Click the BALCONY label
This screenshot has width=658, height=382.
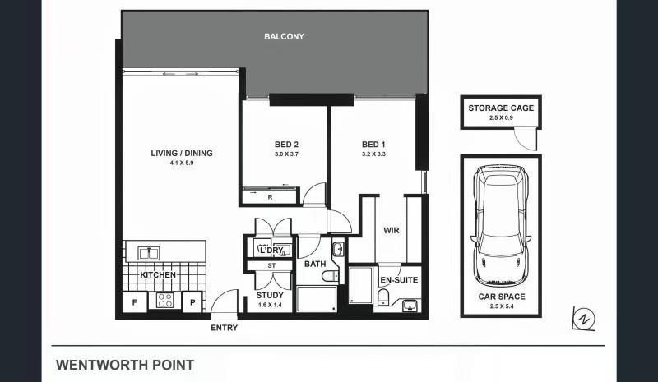(284, 36)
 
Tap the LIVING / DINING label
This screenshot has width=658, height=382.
(182, 153)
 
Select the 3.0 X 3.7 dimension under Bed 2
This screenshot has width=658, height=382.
(286, 154)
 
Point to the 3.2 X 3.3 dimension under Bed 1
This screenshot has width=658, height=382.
(373, 154)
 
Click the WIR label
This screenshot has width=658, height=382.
(392, 230)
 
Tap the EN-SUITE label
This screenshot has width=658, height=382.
(399, 280)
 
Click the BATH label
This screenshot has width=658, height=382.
(315, 264)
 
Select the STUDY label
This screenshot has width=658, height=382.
(270, 295)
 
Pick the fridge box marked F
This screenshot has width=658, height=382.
(135, 302)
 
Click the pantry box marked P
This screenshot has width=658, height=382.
(192, 302)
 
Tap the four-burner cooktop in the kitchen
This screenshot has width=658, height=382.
(165, 300)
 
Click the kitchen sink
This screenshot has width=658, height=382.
(149, 253)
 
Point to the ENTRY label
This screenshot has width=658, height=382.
(224, 328)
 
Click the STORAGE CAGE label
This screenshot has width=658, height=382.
(501, 108)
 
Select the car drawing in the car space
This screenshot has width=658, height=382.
(501, 226)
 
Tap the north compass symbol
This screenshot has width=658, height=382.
(584, 319)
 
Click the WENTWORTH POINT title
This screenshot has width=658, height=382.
(125, 366)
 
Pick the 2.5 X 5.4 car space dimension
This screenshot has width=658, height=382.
(502, 306)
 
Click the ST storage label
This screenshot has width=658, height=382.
(271, 265)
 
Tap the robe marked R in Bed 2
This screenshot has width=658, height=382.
(270, 196)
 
